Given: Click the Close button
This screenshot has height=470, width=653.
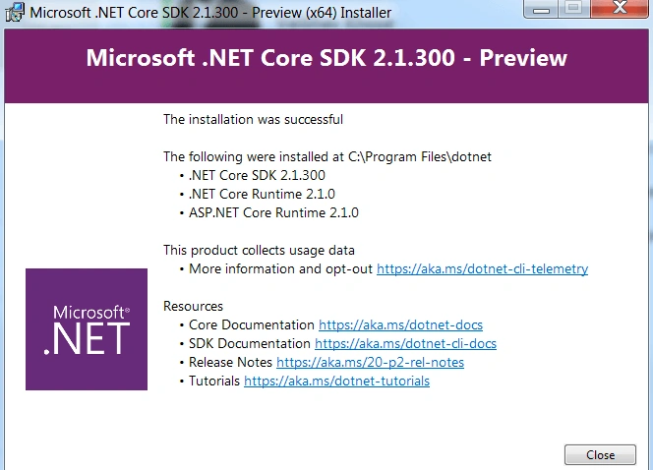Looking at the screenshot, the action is [x=600, y=454].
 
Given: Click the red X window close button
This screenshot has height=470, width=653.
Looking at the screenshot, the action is [x=620, y=8].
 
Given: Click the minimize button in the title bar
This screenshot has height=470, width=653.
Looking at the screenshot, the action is [x=541, y=9].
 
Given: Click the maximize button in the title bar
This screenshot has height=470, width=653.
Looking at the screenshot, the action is [x=574, y=8].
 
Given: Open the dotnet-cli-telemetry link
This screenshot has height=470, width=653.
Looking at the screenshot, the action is [x=482, y=269].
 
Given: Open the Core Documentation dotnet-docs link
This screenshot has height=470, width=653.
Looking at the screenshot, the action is [x=400, y=325].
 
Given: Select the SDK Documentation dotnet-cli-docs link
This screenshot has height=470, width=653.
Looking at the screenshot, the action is [x=405, y=344].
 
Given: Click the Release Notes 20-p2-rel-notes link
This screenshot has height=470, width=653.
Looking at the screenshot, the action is [x=370, y=363].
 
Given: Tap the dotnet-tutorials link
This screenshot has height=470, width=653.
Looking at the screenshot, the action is [x=337, y=382].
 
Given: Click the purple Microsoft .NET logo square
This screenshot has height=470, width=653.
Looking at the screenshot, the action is [x=87, y=329].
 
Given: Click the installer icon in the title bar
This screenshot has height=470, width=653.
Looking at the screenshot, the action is [x=14, y=12].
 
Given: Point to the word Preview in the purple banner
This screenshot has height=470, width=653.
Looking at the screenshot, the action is [x=523, y=58].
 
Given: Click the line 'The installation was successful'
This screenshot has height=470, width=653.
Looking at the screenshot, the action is [x=253, y=120].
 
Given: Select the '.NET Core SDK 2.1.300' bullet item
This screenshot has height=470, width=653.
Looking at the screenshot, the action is [x=257, y=175].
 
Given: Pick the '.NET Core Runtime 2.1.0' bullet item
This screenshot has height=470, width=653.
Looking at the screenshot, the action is [x=262, y=194].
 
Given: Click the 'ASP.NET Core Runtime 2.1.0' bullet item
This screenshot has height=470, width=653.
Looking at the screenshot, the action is [x=273, y=212].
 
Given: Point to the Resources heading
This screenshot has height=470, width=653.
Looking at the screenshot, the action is [x=193, y=307].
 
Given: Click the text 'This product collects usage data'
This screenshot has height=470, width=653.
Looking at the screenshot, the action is [x=259, y=250].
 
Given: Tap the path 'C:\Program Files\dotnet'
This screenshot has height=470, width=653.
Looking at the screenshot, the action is [x=420, y=157].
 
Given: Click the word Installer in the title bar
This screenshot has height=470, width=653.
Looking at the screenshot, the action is [x=366, y=13].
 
